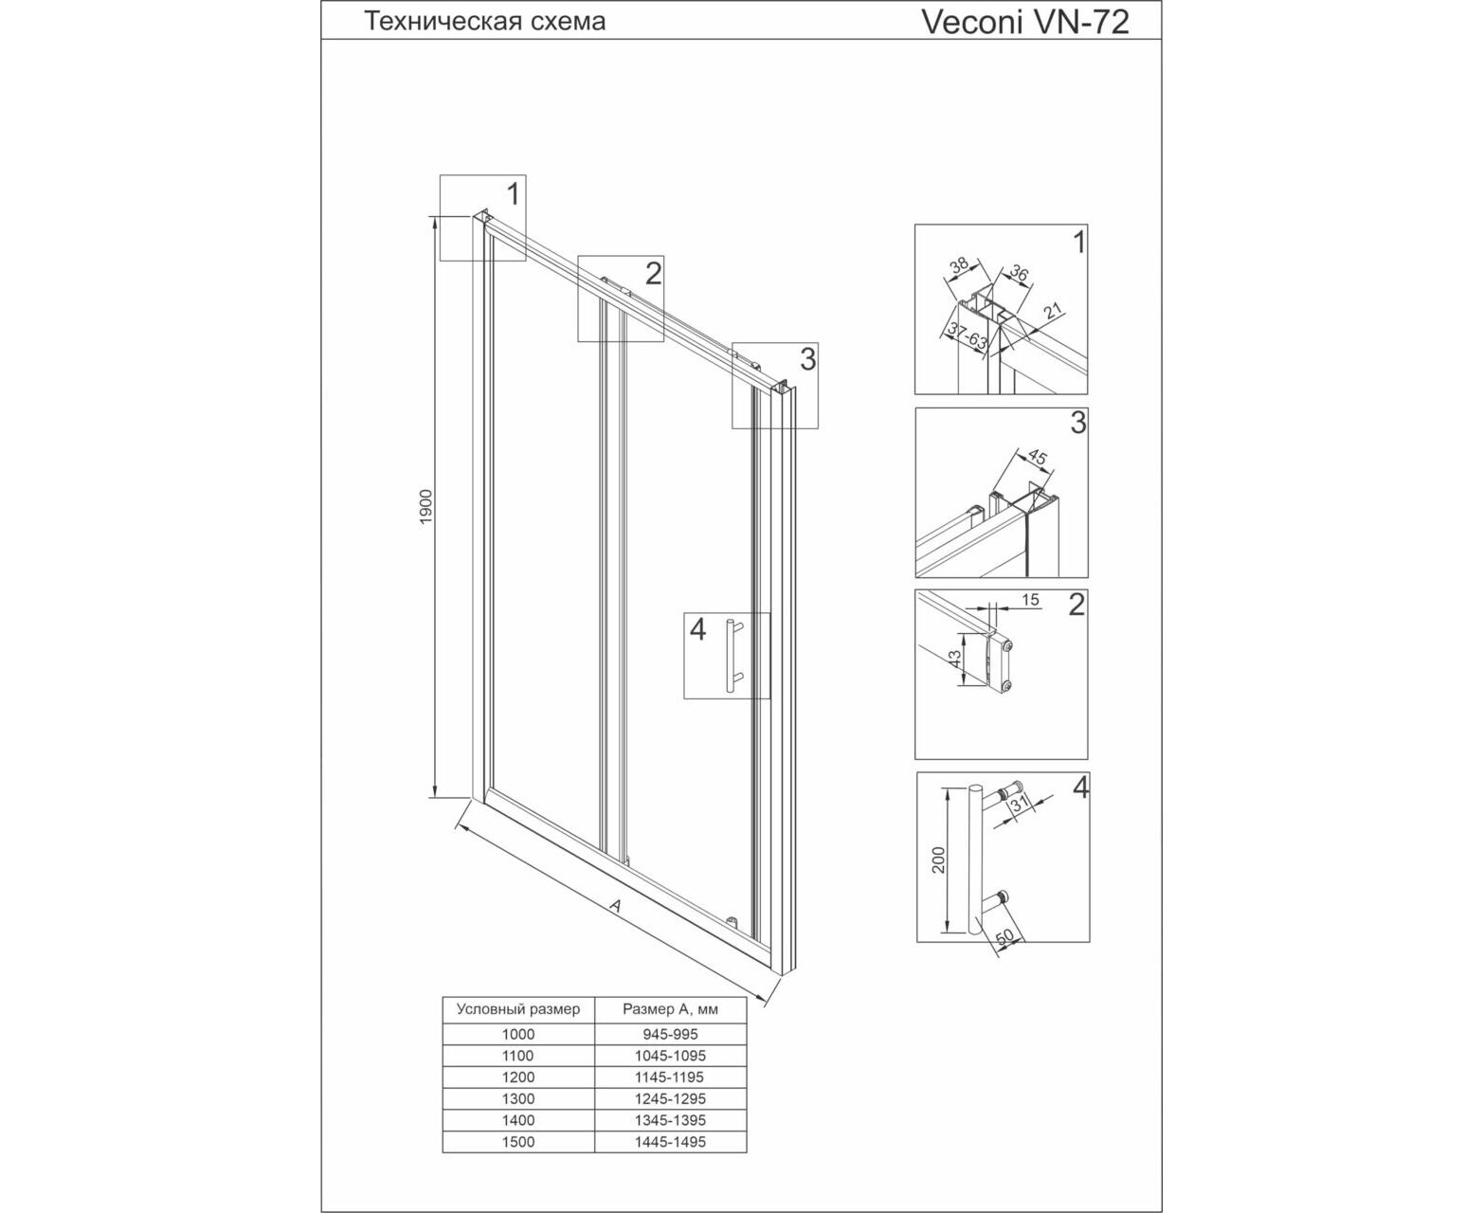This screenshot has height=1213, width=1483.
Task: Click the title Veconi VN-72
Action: (1024, 22)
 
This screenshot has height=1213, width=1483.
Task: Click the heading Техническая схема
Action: (484, 22)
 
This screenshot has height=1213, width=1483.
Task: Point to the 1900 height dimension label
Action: (426, 507)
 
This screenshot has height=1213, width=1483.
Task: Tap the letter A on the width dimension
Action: (615, 906)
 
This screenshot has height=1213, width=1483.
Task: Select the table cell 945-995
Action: (670, 1035)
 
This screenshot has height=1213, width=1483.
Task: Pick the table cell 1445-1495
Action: (670, 1142)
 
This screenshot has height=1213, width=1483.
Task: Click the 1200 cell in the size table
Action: (518, 1077)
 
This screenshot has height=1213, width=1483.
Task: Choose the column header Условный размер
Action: (518, 1009)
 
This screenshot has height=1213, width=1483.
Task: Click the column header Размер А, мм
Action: (670, 1010)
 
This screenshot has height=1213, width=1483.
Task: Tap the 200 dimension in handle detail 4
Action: (939, 860)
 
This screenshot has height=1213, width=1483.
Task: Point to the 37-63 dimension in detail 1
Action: (967, 336)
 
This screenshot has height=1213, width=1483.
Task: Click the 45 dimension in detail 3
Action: (1038, 457)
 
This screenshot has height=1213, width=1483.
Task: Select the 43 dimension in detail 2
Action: (954, 660)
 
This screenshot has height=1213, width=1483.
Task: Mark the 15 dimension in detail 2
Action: (1029, 600)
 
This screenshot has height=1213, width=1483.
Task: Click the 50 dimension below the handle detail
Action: (1004, 937)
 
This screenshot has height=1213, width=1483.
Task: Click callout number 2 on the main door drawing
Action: (653, 274)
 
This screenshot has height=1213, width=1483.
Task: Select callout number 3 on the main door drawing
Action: (808, 359)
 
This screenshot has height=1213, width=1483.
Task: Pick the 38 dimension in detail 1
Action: (958, 265)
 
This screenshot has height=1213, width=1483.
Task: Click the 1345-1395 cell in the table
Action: (670, 1120)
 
